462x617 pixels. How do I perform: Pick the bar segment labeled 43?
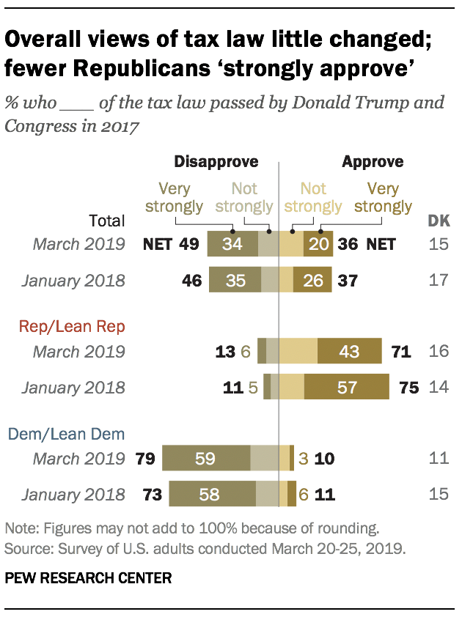tap(349, 352)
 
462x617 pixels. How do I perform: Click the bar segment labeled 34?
tap(232, 244)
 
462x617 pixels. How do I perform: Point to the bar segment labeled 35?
tap(235, 280)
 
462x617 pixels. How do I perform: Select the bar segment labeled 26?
tap(313, 280)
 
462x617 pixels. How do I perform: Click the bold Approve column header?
tap(373, 161)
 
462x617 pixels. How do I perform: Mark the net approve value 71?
tap(400, 352)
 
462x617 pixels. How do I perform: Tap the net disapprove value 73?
tap(150, 495)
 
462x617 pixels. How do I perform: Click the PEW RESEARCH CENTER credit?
tap(88, 579)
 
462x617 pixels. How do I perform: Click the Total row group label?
tap(107, 220)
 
